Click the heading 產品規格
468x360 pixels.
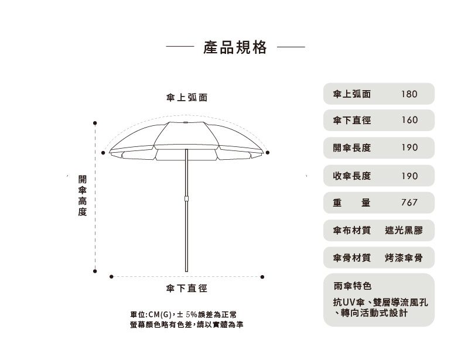point(235,47)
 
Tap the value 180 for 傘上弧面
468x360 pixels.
point(409,94)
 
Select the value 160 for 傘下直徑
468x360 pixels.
point(409,120)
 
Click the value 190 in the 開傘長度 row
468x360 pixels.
point(409,148)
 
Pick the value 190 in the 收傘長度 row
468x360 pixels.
point(409,176)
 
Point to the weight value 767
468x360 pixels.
point(409,203)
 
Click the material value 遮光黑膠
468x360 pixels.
point(404,230)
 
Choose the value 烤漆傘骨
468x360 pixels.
point(404,258)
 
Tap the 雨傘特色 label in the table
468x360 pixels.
point(352,286)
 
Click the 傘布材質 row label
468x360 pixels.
point(352,230)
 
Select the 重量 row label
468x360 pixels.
point(351,203)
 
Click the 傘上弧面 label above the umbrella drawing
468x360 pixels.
point(187,97)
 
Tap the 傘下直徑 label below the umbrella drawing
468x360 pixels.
point(187,288)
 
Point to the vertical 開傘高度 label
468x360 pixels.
point(83,196)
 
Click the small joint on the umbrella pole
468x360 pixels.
point(186,198)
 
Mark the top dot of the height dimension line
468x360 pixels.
point(95,123)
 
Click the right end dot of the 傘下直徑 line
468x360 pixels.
point(262,277)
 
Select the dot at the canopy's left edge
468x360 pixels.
point(103,153)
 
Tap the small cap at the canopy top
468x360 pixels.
point(186,122)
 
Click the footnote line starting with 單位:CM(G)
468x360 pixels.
point(183,314)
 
